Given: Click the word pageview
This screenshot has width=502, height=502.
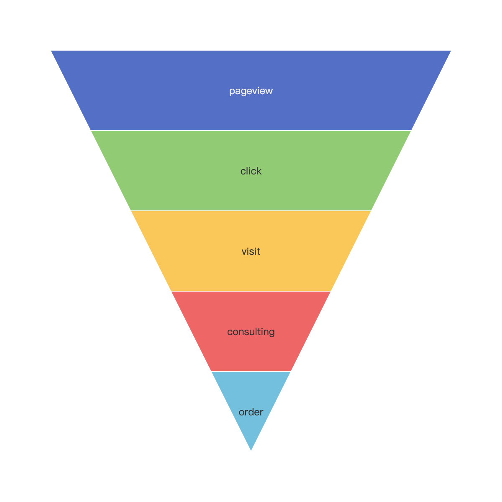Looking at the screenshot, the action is point(251,91).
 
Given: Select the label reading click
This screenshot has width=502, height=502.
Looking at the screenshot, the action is point(251,171).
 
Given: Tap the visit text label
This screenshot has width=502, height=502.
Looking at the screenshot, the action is point(251,251).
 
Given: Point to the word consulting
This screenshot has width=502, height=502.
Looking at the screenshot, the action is point(251,332).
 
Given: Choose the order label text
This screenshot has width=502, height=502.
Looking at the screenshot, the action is point(251,412).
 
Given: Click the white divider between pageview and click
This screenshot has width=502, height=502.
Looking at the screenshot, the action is point(251,131).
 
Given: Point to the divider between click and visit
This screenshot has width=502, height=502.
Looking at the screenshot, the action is point(251,211).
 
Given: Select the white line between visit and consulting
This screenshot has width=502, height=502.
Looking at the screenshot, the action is point(251,291).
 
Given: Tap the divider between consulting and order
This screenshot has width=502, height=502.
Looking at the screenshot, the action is point(251,371).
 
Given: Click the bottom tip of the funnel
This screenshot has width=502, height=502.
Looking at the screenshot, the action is point(251,450).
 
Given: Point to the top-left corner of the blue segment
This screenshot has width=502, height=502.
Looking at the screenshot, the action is point(51,51).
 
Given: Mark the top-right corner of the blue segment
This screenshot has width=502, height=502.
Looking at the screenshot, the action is point(451,51).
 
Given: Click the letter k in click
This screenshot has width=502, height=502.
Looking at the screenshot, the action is point(259,171).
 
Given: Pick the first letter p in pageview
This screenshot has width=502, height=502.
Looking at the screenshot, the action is point(232,92).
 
